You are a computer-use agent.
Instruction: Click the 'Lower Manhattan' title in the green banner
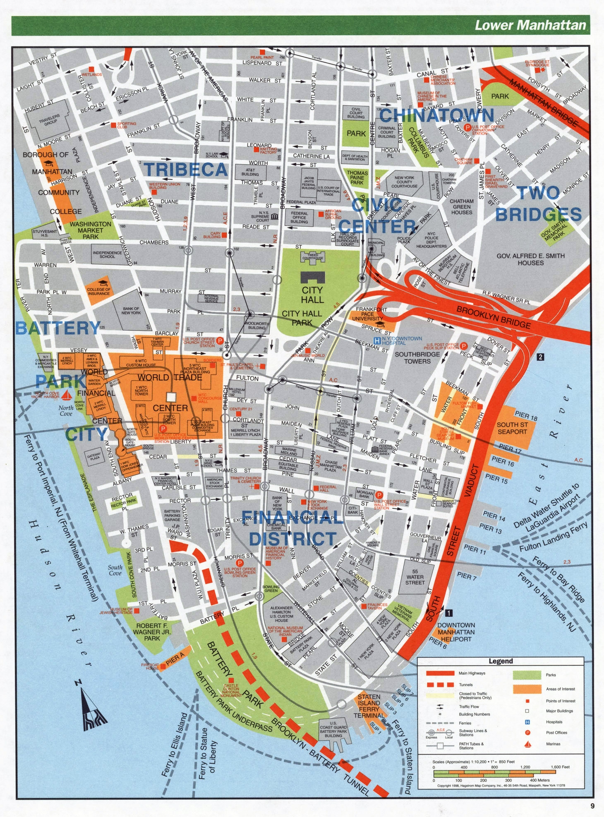(530, 26)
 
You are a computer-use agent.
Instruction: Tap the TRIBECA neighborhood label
(186, 170)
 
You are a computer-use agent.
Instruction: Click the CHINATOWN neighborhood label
(436, 115)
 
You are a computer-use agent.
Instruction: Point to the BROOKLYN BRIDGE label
(493, 316)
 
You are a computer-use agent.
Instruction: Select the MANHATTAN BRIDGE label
(542, 101)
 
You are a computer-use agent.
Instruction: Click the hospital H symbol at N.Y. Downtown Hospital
(376, 340)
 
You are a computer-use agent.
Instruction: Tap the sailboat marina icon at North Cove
(66, 395)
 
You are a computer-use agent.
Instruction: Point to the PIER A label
(175, 659)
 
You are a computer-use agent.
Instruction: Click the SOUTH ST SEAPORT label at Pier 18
(512, 428)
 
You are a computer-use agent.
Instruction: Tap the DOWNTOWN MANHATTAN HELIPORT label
(456, 632)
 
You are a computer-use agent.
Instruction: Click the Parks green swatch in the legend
(527, 675)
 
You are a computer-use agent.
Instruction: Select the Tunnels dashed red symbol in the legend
(440, 685)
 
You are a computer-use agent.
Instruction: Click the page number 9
(592, 806)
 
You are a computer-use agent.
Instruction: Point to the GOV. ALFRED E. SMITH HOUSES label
(530, 259)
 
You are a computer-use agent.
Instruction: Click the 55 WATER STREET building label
(415, 577)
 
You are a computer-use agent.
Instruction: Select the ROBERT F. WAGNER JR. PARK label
(152, 632)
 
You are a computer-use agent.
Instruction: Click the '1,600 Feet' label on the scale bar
(560, 767)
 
